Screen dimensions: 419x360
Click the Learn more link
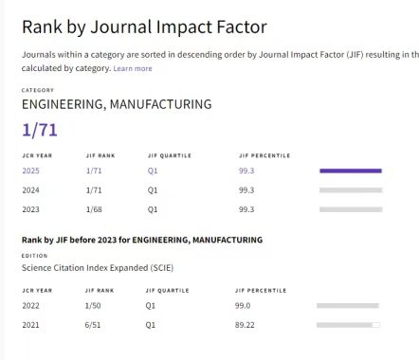click(x=133, y=68)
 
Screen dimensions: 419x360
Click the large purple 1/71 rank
click(x=40, y=130)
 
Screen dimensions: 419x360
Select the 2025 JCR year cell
click(x=30, y=171)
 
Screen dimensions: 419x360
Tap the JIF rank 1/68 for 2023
click(x=94, y=209)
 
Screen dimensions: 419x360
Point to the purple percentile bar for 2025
click(x=351, y=171)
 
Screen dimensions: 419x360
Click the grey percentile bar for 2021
click(x=348, y=325)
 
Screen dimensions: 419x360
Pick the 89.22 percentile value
click(x=245, y=325)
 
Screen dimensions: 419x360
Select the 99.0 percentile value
click(x=243, y=306)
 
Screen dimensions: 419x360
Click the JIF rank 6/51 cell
click(x=93, y=325)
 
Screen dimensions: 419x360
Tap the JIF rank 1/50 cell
click(x=93, y=306)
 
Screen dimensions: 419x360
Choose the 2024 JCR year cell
click(x=30, y=190)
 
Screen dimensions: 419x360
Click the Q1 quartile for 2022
click(x=151, y=306)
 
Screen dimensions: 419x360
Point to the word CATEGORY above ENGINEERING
click(x=38, y=90)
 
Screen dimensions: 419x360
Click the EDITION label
click(x=34, y=256)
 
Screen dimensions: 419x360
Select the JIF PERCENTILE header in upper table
click(x=264, y=155)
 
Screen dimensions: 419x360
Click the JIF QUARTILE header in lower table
click(x=167, y=291)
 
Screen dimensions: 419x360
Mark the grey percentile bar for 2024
click(x=351, y=190)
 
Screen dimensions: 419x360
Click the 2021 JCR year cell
click(x=30, y=325)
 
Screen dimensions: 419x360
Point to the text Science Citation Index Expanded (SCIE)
click(x=98, y=268)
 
